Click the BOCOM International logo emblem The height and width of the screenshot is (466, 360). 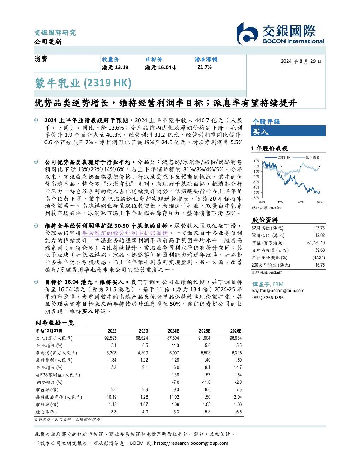point(247,34)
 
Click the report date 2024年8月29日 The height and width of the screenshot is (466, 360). point(301,61)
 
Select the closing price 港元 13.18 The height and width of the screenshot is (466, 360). point(115,67)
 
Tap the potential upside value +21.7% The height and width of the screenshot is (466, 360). point(203,67)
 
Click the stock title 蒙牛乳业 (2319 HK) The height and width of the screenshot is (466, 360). point(83,83)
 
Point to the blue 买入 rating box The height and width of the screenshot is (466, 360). point(288,131)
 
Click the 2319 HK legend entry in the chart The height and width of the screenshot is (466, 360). point(278,157)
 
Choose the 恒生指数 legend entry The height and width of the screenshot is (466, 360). point(306,157)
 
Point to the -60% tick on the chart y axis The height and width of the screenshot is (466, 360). point(257,198)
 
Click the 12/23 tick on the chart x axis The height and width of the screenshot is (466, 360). point(281,202)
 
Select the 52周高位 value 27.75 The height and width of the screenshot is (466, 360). point(320,228)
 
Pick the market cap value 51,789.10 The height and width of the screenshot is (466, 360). point(316,243)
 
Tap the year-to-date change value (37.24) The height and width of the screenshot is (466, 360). point(319,258)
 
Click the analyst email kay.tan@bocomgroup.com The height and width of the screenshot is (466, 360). point(278,291)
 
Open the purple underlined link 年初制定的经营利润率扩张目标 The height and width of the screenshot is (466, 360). point(125,233)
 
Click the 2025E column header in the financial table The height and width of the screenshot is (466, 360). point(205,331)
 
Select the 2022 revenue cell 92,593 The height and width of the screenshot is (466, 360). point(110,338)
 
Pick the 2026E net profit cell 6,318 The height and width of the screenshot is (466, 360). point(237,353)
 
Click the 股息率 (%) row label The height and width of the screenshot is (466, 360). point(46,412)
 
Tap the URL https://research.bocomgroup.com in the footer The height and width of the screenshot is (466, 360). point(191,443)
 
